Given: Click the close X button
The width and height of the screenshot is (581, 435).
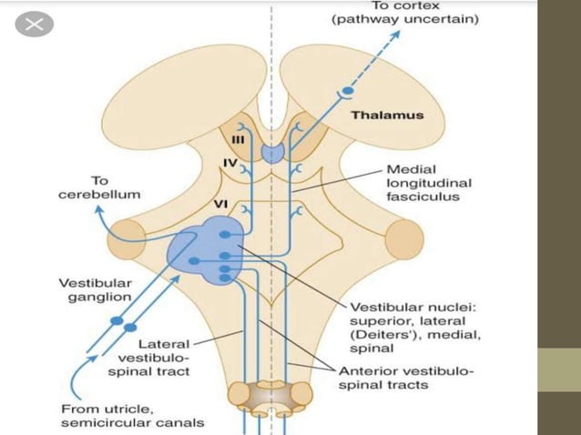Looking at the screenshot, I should point(35,25).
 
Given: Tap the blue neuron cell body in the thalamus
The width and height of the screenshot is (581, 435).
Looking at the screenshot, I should point(347,93).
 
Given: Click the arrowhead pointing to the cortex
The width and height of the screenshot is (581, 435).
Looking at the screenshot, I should point(397,35).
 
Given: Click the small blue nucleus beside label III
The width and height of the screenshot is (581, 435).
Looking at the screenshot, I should point(272,153).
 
